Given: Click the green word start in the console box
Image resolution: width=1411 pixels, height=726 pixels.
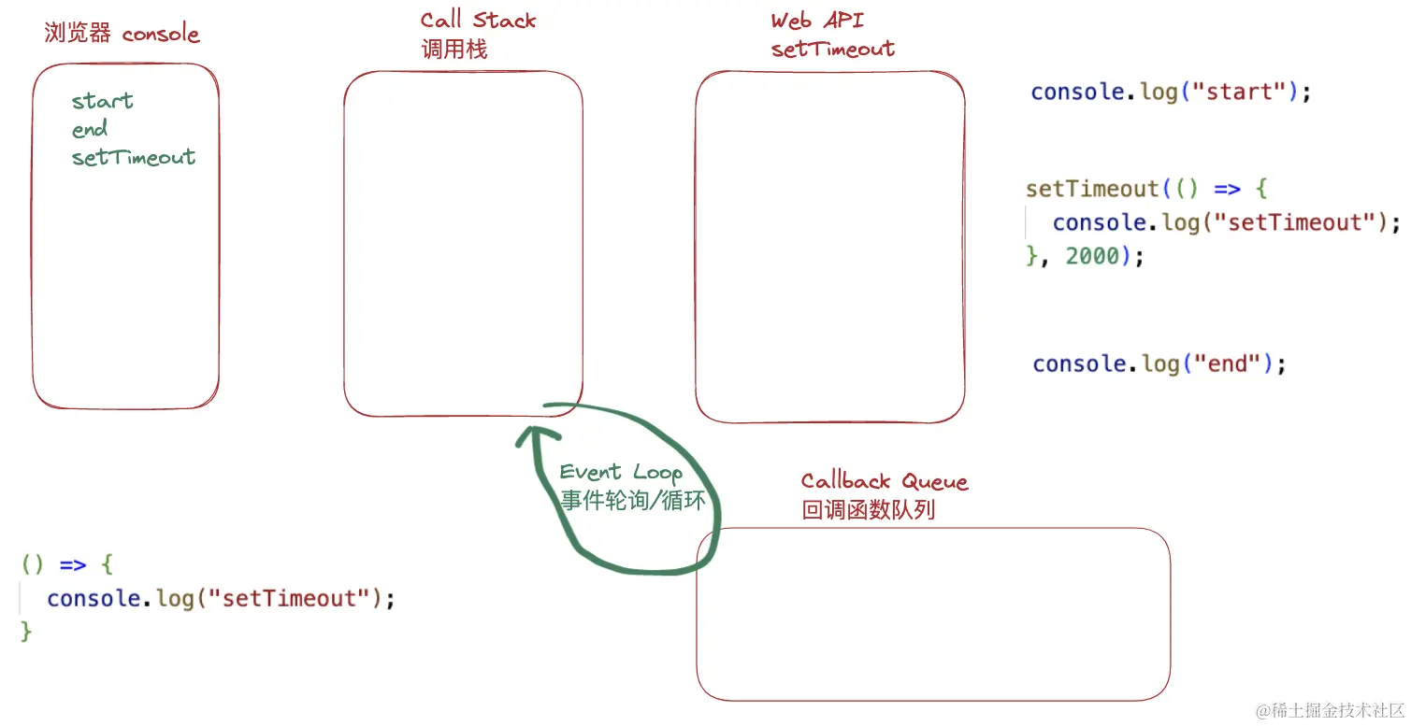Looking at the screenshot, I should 103,101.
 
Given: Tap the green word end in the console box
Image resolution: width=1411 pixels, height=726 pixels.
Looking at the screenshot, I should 90,129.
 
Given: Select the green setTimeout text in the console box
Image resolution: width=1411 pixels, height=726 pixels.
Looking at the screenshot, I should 134,157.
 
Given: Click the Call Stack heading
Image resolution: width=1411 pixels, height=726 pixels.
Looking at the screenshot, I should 478,21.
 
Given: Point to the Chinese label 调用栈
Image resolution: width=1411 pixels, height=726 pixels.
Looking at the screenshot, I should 454,50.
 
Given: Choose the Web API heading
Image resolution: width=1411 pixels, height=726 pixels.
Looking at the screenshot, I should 816,21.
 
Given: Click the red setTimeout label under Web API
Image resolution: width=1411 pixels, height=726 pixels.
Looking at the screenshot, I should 832,50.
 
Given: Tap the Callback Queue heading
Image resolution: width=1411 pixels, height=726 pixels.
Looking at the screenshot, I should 884,481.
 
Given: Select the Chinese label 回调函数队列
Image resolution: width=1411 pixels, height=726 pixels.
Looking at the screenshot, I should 868,510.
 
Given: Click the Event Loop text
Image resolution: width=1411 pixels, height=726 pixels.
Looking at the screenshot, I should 621,472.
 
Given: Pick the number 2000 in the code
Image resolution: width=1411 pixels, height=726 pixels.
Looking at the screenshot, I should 1092,256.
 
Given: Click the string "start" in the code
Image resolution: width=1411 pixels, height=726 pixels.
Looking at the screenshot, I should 1241,93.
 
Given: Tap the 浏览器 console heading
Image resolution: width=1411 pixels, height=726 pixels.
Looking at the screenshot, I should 122,35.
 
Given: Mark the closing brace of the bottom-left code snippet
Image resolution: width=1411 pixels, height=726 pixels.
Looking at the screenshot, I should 26,632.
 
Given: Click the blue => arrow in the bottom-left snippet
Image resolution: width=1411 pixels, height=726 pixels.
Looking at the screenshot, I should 73,564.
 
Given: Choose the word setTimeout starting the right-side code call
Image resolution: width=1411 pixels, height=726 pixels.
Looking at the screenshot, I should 1092,189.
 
